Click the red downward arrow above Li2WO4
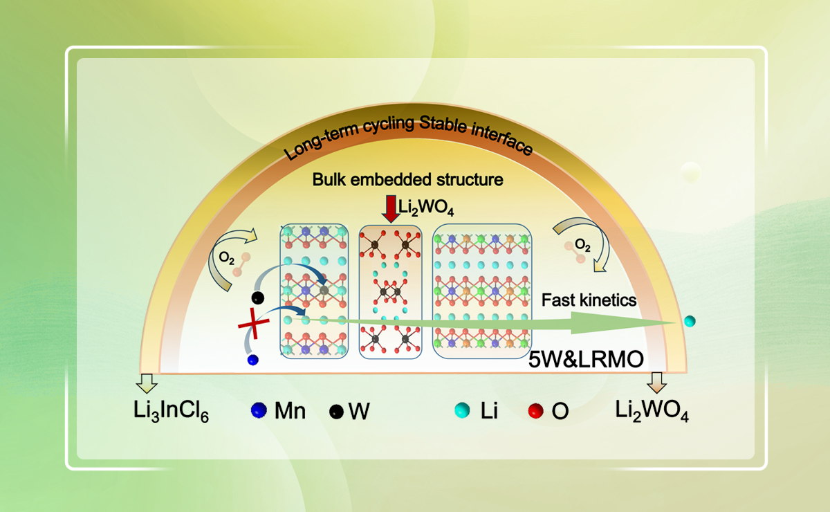point(391,210)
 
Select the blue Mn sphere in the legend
point(259,411)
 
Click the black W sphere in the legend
point(336,411)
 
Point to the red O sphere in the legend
point(533,410)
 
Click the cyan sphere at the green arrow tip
point(689,321)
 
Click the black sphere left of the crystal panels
point(258,298)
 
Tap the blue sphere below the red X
point(252,359)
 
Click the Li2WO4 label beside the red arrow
point(421,205)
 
